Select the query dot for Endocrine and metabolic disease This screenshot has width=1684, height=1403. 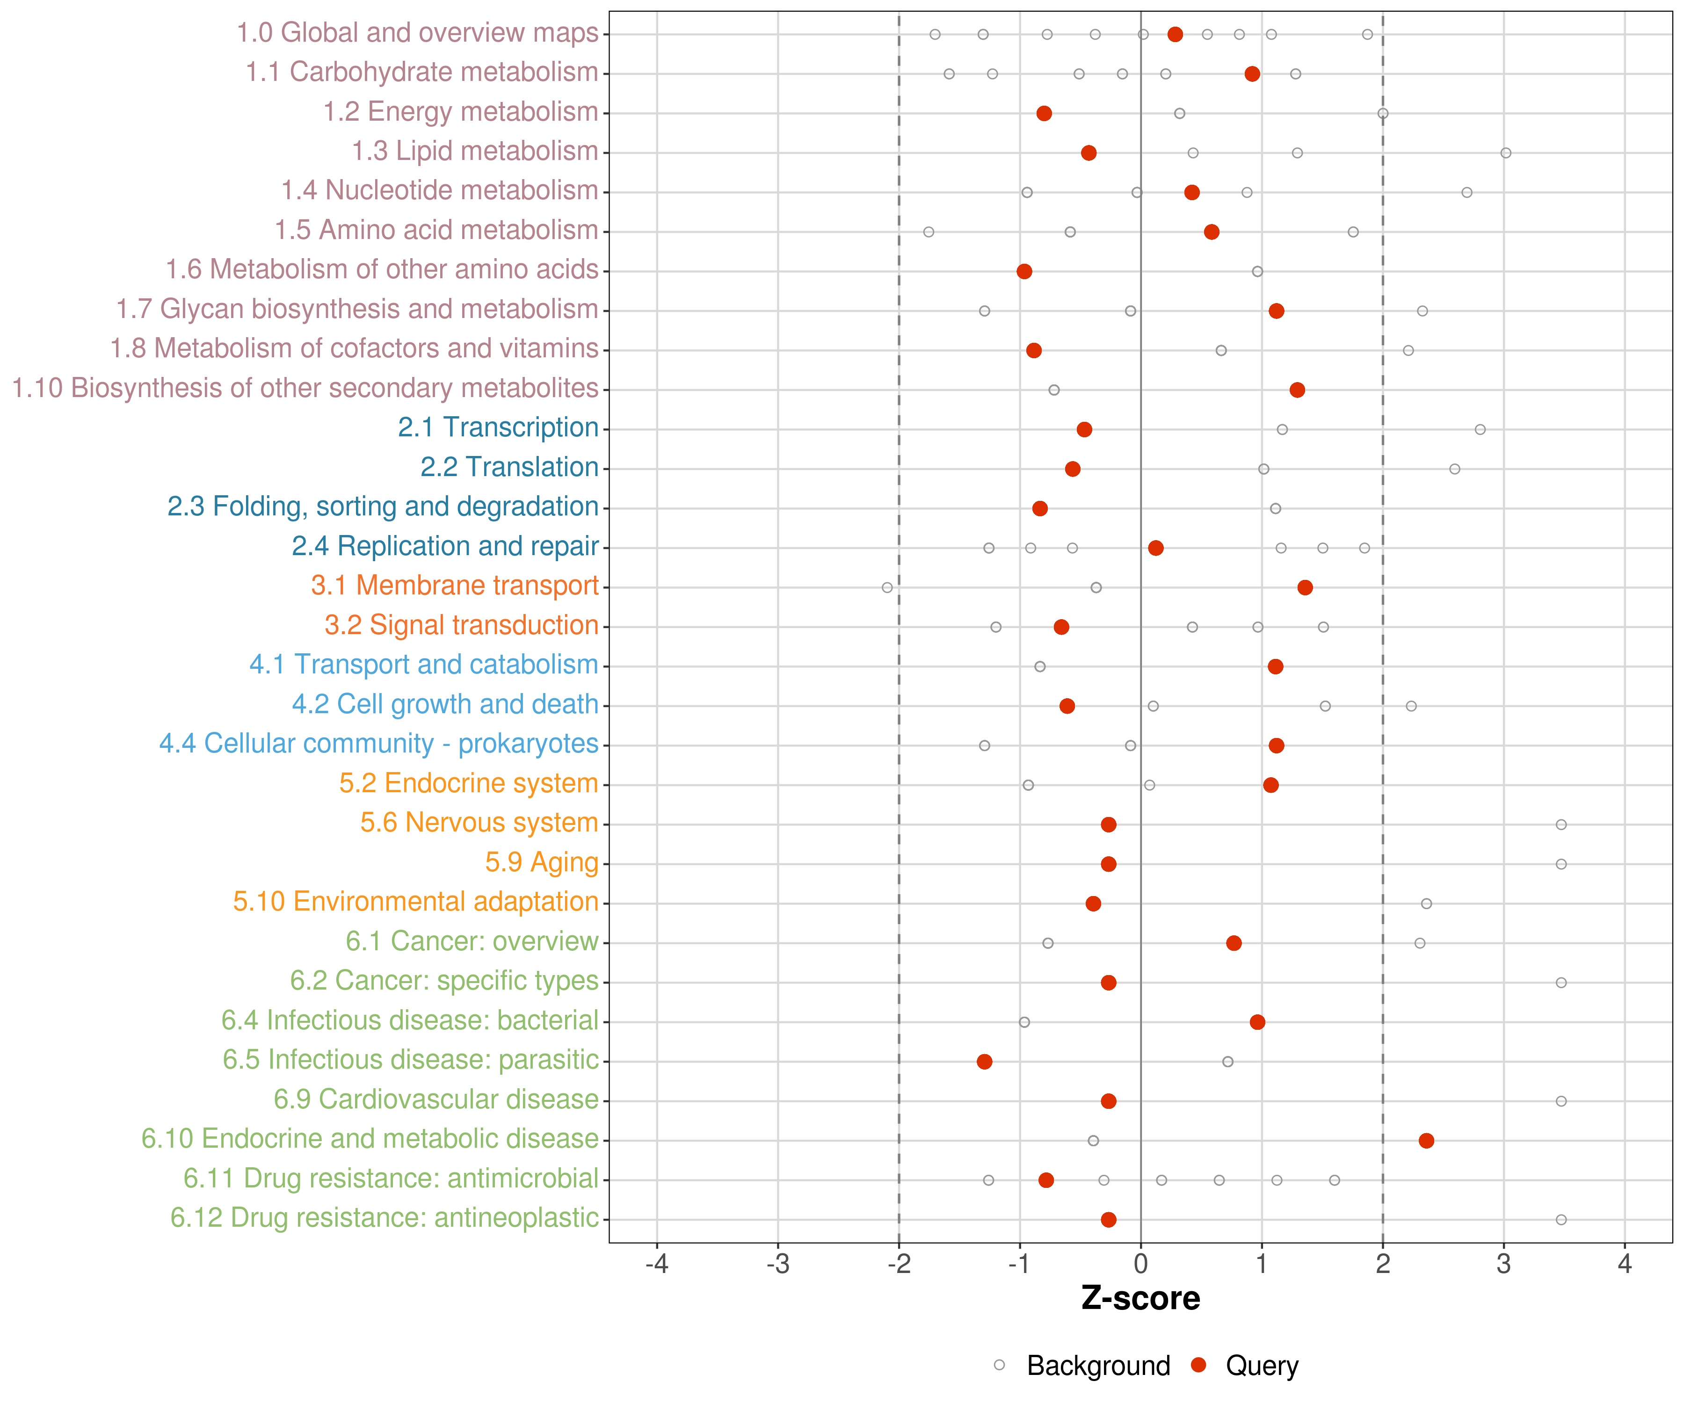(x=1426, y=1141)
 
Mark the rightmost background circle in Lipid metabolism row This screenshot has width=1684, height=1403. (x=1506, y=153)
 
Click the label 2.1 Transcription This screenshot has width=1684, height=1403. (x=498, y=427)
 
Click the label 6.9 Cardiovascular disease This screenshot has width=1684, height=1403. (x=436, y=1099)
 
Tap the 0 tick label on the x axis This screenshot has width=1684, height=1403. (x=1140, y=1264)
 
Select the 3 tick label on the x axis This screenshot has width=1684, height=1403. (x=1503, y=1264)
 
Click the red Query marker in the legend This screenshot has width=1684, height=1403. (x=1199, y=1365)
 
